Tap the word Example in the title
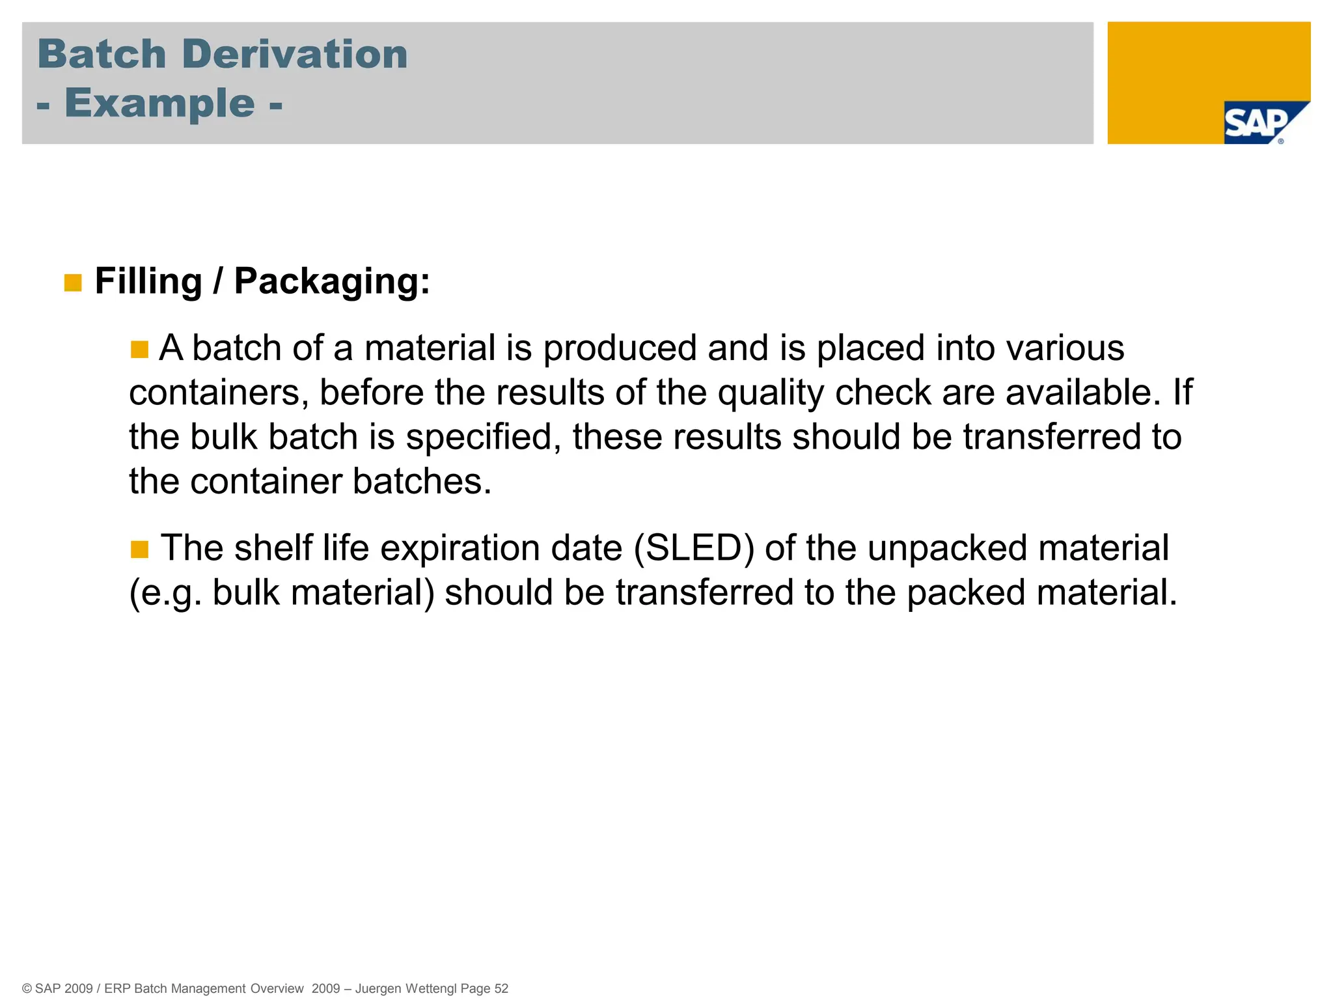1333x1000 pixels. (x=159, y=104)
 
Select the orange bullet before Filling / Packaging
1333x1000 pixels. (x=73, y=283)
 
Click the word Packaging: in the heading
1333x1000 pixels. (x=332, y=281)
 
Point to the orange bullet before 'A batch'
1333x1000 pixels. (x=139, y=350)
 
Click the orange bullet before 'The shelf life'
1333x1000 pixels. (x=139, y=549)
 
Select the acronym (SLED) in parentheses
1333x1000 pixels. (x=694, y=548)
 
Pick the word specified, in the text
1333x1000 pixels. (x=483, y=437)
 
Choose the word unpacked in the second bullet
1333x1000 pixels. (x=947, y=548)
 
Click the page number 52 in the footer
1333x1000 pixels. (x=501, y=988)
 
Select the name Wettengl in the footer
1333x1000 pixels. (x=431, y=988)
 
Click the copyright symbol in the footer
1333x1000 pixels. (x=27, y=989)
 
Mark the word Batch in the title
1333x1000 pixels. (x=102, y=54)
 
